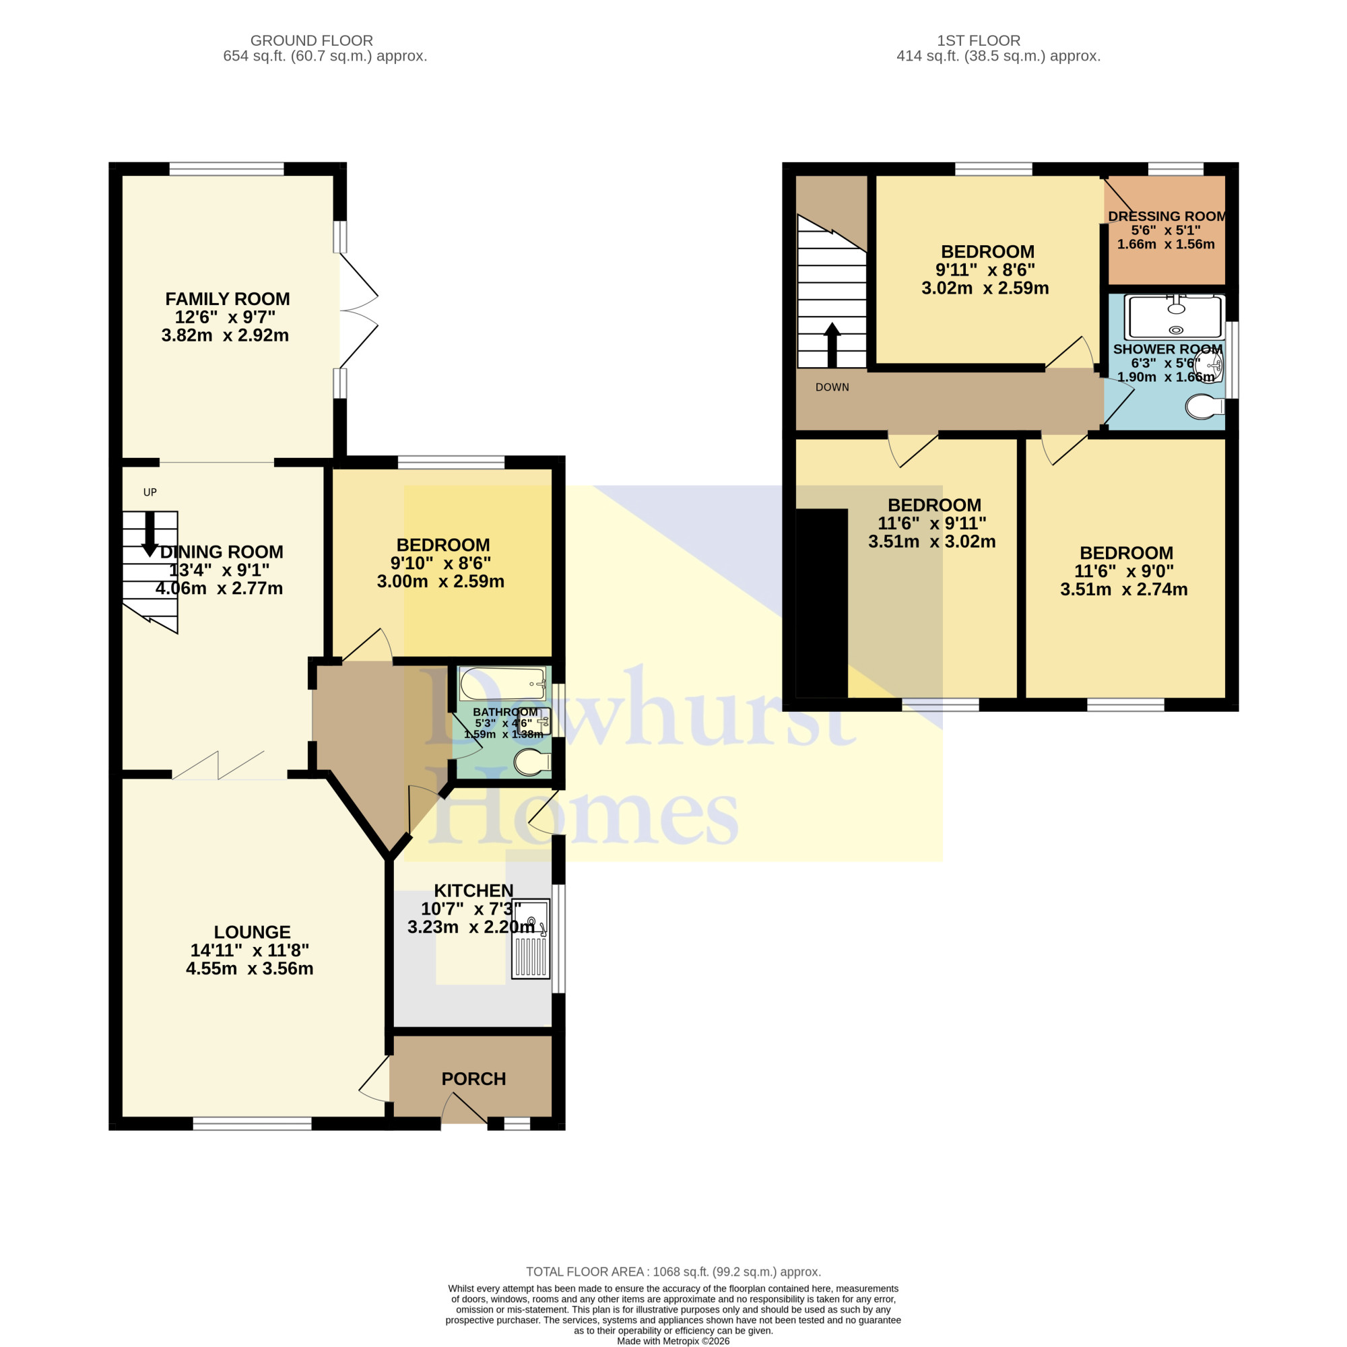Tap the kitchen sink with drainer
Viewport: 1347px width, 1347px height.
(531, 938)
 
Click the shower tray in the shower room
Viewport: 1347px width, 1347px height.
(1176, 318)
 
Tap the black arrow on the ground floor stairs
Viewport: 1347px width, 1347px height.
(150, 534)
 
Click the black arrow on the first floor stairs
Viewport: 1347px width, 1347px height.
(832, 344)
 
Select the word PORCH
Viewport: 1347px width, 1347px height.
(473, 1079)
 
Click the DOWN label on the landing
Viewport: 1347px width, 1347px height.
(832, 388)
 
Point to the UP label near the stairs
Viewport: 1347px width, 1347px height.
(150, 492)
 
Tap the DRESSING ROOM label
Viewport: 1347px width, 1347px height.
(1167, 217)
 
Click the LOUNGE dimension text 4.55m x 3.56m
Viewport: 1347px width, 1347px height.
(250, 968)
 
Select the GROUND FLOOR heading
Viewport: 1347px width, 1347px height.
(312, 40)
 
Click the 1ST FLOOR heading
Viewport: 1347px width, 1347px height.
(979, 40)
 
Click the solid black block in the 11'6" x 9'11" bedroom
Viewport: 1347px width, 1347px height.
(822, 603)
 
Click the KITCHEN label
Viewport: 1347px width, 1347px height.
(473, 891)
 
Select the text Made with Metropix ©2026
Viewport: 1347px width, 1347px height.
(673, 1341)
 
